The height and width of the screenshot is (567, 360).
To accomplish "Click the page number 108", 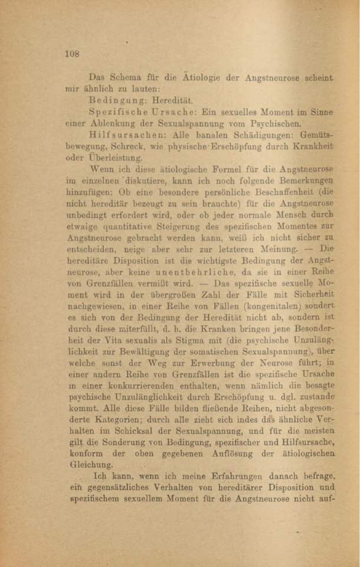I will pyautogui.click(x=72, y=53).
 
